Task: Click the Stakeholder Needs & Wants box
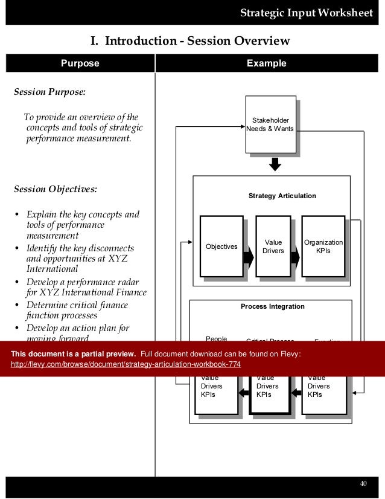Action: (271, 124)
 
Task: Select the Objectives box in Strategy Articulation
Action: (221, 246)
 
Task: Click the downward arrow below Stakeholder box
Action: (275, 164)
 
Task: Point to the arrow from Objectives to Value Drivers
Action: (247, 258)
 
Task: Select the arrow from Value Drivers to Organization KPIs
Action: (295, 258)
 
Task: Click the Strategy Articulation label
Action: (282, 196)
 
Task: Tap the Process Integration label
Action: (272, 307)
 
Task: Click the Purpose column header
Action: (80, 63)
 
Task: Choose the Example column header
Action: (270, 63)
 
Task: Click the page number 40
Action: (363, 483)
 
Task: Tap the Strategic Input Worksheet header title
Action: (306, 13)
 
